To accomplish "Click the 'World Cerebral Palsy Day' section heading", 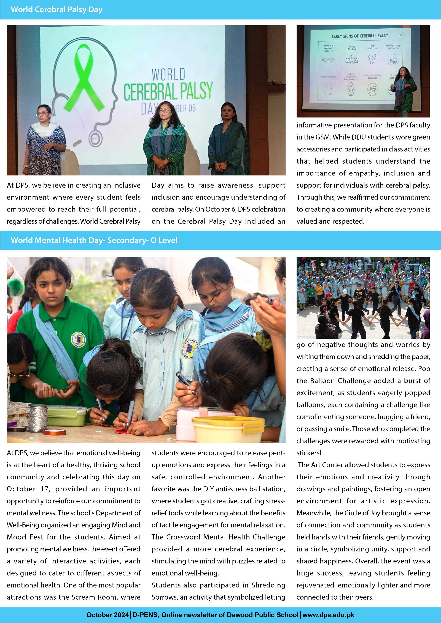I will click(x=57, y=10).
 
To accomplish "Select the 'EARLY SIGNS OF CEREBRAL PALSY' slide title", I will click(x=360, y=36).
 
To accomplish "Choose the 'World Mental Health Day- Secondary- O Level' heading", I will click(x=94, y=240).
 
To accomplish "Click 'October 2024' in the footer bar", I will click(x=107, y=615).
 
